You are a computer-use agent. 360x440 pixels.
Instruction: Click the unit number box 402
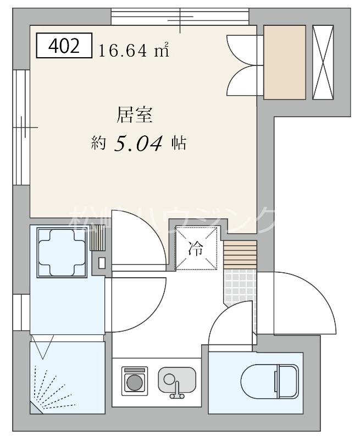click(64, 47)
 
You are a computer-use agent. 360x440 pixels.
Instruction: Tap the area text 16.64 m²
click(133, 51)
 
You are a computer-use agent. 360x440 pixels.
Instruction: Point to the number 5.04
click(139, 144)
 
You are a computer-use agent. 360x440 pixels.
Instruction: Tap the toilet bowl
click(269, 380)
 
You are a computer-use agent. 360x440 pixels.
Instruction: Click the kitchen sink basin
click(177, 379)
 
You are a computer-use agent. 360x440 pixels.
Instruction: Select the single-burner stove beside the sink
click(134, 380)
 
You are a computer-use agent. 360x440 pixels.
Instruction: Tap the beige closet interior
click(284, 62)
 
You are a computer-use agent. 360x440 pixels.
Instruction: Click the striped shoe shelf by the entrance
click(240, 254)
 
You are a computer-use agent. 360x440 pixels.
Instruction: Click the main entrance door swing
click(297, 302)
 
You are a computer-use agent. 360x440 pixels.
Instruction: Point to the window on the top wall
click(180, 16)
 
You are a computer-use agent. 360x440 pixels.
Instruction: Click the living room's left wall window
click(21, 127)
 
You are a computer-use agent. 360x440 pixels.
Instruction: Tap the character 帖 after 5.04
click(178, 144)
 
